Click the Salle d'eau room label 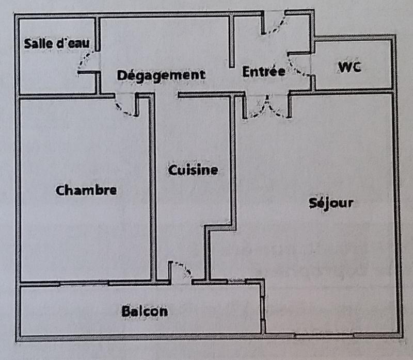(x=56, y=43)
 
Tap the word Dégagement (x=161, y=75)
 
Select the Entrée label (x=263, y=72)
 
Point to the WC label (x=350, y=67)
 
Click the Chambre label (x=86, y=190)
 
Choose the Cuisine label (x=193, y=170)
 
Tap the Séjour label (x=331, y=202)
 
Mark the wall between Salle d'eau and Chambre (x=57, y=96)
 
